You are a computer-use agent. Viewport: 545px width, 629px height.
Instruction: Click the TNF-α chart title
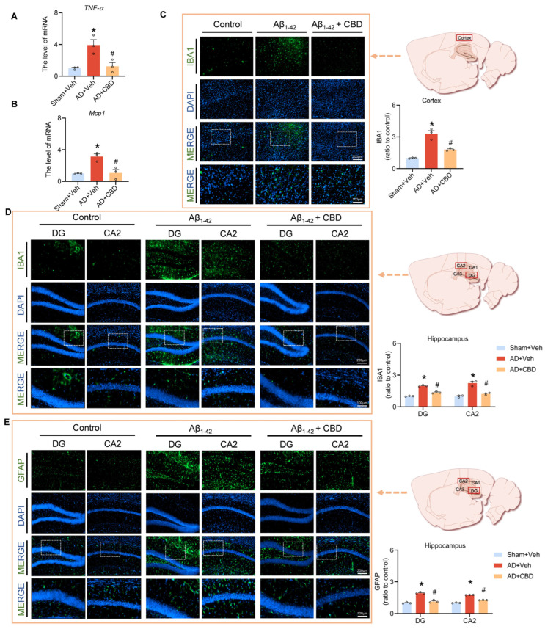click(x=70, y=8)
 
